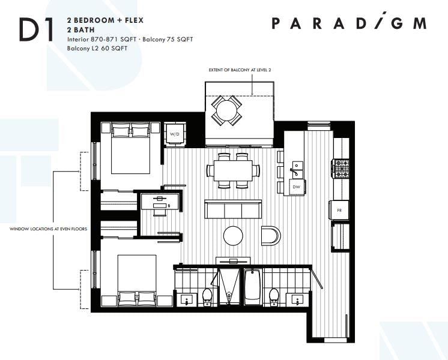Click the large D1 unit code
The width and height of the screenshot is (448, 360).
pos(36,29)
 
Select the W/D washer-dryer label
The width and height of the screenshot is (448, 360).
pos(175,134)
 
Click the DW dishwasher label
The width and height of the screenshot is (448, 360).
pos(296,187)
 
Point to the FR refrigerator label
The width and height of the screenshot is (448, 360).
pos(339,211)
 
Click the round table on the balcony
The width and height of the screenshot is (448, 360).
pos(226,110)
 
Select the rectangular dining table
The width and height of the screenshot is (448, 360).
pos(233,170)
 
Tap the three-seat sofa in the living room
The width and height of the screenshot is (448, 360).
pos(233,209)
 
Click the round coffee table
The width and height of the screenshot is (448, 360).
pos(233,236)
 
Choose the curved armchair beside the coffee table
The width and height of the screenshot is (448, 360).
pos(271,236)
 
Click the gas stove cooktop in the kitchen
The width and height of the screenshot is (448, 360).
pos(341,169)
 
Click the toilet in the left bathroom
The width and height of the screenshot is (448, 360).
pos(207,297)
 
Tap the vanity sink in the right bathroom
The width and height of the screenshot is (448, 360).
pos(297,301)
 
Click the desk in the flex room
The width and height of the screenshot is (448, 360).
pos(160,202)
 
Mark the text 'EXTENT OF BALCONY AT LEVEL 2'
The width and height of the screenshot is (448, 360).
pos(240,70)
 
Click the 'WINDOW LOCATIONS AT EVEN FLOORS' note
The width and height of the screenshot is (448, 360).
pos(48,229)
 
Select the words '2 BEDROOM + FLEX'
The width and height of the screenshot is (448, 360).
pos(105,20)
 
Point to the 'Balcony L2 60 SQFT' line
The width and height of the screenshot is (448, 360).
pos(97,48)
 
